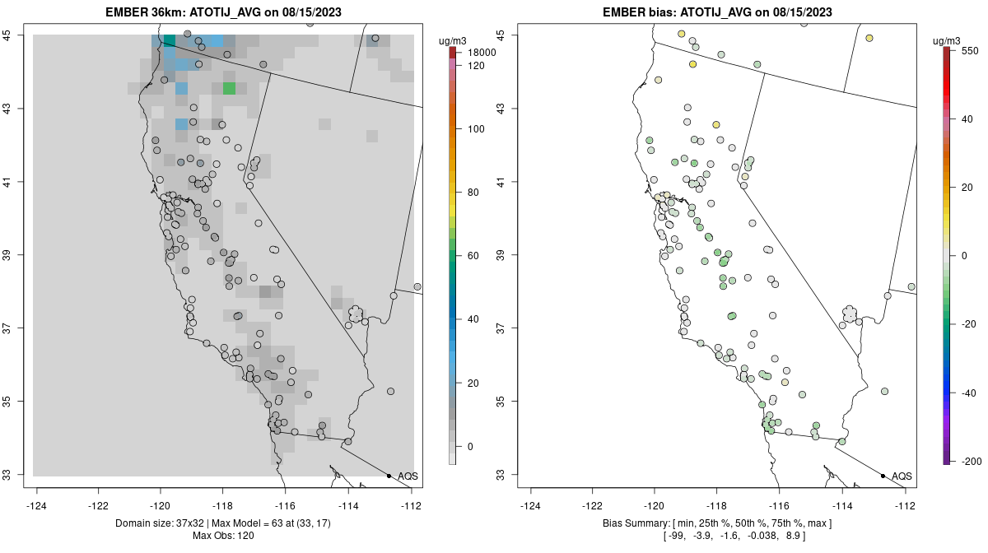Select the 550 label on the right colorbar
click(x=968, y=50)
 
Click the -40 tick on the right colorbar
click(x=967, y=393)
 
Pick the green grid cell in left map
click(x=229, y=88)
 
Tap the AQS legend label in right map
click(x=902, y=476)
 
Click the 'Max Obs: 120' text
click(x=226, y=537)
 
